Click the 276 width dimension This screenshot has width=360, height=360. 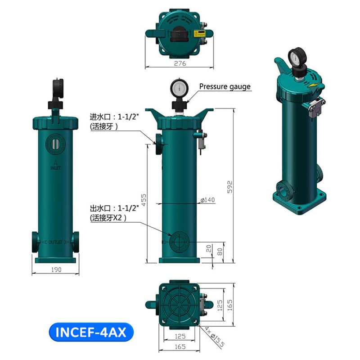[x=180, y=63]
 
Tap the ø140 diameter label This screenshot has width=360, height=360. [x=207, y=200]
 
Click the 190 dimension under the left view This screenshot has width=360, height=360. [x=56, y=269]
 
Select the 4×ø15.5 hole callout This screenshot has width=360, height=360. [x=208, y=335]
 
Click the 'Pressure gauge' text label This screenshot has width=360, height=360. [x=225, y=86]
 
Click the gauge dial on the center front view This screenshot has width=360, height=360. [x=180, y=86]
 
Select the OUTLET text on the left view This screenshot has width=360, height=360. [x=55, y=242]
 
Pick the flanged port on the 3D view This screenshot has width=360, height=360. [x=282, y=190]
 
